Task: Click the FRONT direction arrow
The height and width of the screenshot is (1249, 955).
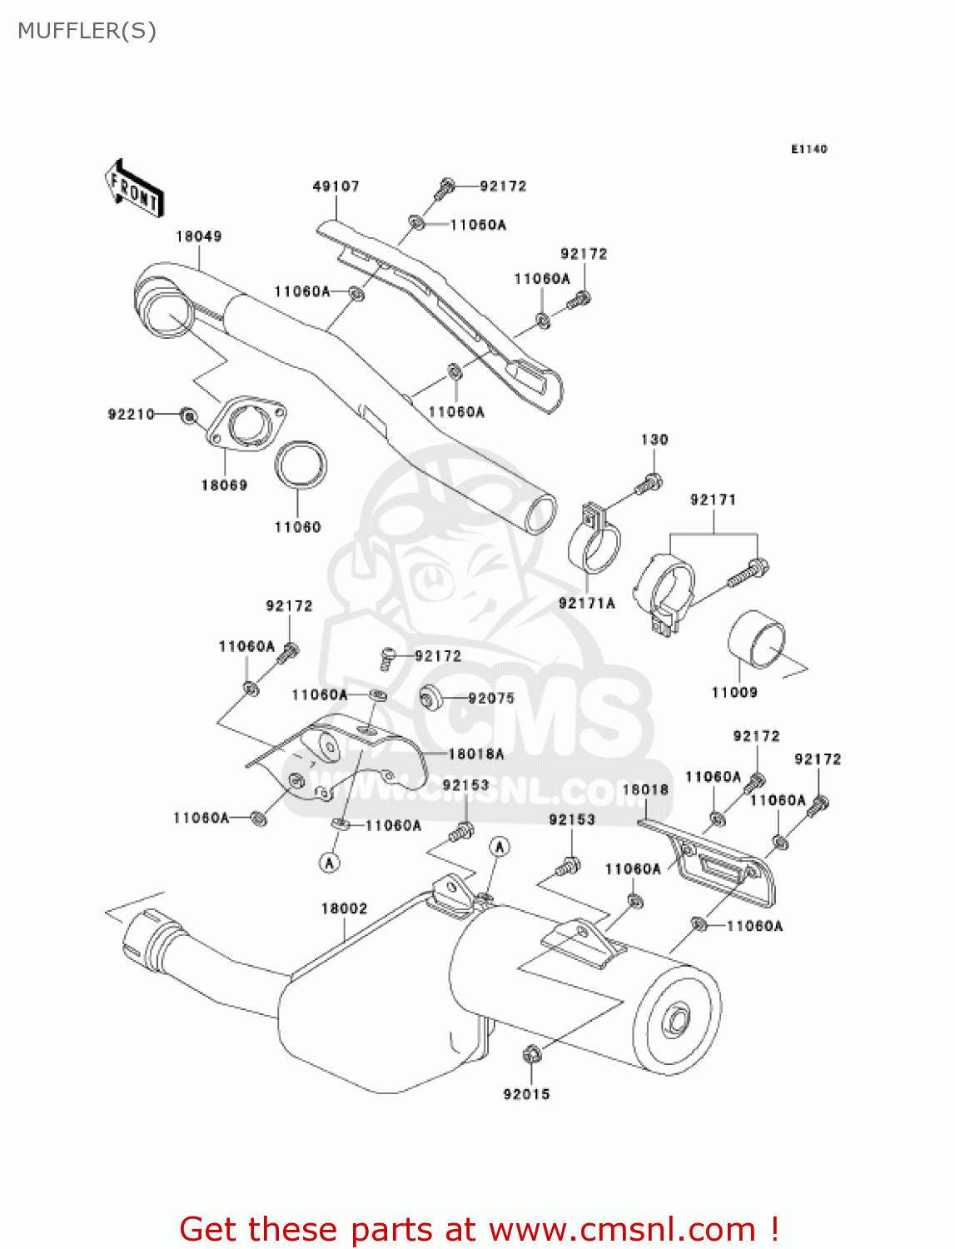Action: (134, 189)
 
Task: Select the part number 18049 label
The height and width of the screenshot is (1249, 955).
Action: (198, 236)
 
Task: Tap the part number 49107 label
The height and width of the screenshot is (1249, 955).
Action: (336, 187)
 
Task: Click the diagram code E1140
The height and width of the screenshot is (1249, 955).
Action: (808, 149)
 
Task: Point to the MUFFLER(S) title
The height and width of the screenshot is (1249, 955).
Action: (87, 31)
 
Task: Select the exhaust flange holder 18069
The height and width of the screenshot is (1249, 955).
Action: (246, 425)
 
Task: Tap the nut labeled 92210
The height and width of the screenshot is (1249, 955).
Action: (189, 414)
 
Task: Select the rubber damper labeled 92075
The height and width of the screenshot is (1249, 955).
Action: (430, 698)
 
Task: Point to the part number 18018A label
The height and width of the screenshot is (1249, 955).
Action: (476, 754)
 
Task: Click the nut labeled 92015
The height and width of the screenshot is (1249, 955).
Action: (531, 1055)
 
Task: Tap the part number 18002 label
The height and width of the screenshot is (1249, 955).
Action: (344, 908)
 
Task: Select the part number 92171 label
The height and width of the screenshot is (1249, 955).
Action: (713, 500)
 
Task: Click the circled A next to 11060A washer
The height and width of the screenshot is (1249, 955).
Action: (330, 863)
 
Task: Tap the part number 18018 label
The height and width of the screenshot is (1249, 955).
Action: (645, 789)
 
